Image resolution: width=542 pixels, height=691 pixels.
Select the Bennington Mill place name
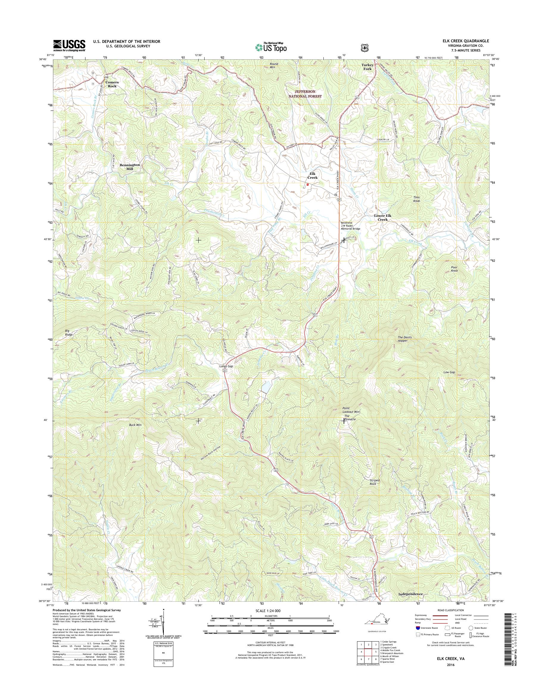pyautogui.click(x=130, y=167)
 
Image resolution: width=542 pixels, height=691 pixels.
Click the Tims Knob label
pyautogui.click(x=416, y=199)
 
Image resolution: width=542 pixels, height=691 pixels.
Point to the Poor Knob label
pyautogui.click(x=454, y=269)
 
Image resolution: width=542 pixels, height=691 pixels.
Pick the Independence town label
pyautogui.click(x=411, y=594)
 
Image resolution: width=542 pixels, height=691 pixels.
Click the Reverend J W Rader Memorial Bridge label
pyautogui.click(x=350, y=225)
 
